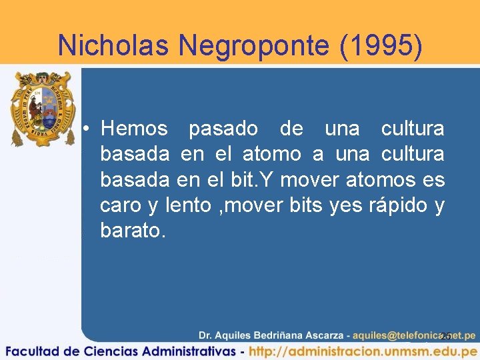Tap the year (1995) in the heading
(x=381, y=45)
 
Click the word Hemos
(x=133, y=128)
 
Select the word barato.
(x=131, y=231)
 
